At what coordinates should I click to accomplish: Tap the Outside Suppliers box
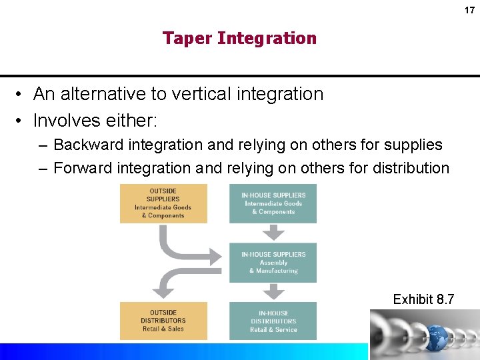pyautogui.click(x=163, y=203)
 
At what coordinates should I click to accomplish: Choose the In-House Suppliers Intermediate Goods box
pyautogui.click(x=273, y=203)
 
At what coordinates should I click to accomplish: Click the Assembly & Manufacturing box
pyautogui.click(x=273, y=263)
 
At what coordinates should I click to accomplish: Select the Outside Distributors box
pyautogui.click(x=163, y=321)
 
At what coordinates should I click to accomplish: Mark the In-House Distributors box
pyautogui.click(x=273, y=321)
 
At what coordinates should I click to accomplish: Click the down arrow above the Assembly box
pyautogui.click(x=273, y=233)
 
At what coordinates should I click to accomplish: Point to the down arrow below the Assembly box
pyautogui.click(x=273, y=292)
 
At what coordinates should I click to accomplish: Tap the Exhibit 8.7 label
pyautogui.click(x=423, y=299)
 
